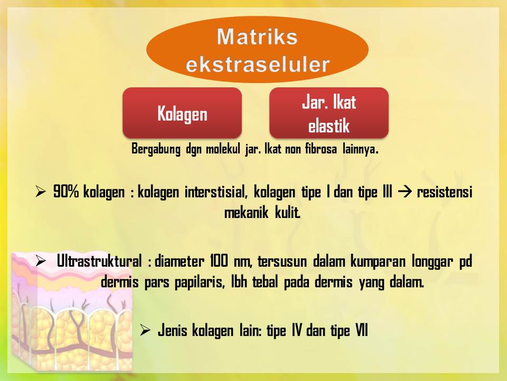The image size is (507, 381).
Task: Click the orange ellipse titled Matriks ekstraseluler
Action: [257, 51]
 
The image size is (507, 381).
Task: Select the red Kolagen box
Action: [182, 113]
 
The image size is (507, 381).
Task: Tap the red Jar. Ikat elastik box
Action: [328, 113]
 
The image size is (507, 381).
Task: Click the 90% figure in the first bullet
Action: [66, 192]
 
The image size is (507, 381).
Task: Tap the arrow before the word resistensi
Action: [403, 192]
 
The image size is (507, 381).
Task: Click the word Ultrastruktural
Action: [99, 261]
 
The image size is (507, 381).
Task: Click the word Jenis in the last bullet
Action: [172, 331]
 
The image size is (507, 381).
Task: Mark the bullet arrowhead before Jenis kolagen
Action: [145, 331]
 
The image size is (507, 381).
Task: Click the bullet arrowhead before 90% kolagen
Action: [41, 192]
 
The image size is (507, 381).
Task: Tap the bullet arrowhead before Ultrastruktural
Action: [41, 260]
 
